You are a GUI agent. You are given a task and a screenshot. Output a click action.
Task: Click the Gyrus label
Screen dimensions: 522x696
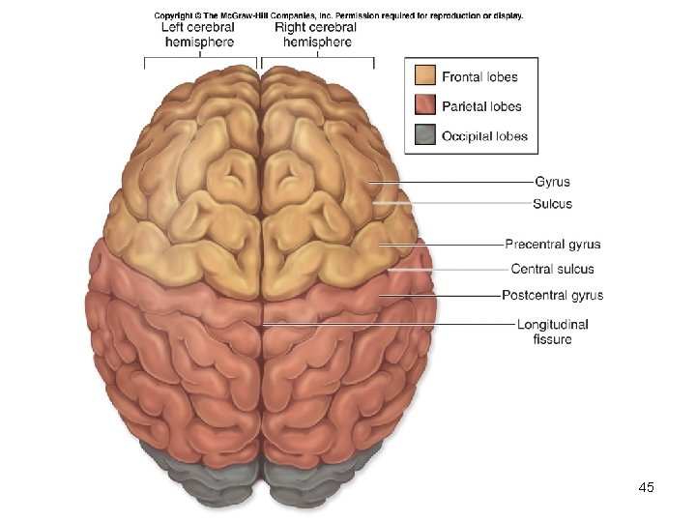point(552,182)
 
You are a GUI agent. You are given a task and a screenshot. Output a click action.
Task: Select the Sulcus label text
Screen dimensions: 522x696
point(552,204)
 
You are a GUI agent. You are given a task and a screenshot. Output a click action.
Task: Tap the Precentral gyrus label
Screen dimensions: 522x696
point(552,244)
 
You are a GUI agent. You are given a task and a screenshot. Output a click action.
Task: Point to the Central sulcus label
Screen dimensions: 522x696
point(552,269)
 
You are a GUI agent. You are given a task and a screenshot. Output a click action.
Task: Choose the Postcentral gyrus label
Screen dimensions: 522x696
point(552,295)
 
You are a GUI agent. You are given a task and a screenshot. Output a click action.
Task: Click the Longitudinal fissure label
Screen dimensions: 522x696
point(552,332)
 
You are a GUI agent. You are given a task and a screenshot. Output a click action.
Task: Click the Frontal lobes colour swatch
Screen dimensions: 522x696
point(425,76)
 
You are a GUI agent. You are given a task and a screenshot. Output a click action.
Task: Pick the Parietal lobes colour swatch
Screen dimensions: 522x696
point(425,106)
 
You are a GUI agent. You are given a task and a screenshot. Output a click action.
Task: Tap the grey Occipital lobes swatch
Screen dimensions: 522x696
point(425,136)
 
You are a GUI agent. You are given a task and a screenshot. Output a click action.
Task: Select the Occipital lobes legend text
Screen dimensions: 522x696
point(484,136)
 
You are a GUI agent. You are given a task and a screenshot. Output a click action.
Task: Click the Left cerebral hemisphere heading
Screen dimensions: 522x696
point(198,35)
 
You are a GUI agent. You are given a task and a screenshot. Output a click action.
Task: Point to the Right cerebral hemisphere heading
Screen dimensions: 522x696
point(315,35)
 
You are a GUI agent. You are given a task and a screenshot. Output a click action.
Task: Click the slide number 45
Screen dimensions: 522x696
point(647,488)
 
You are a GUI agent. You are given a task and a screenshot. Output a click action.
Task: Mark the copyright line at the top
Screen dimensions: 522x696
point(338,15)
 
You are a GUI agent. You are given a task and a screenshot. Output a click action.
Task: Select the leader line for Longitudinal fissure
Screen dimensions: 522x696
point(387,324)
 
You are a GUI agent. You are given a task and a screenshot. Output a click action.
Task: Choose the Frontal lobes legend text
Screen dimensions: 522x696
point(479,76)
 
